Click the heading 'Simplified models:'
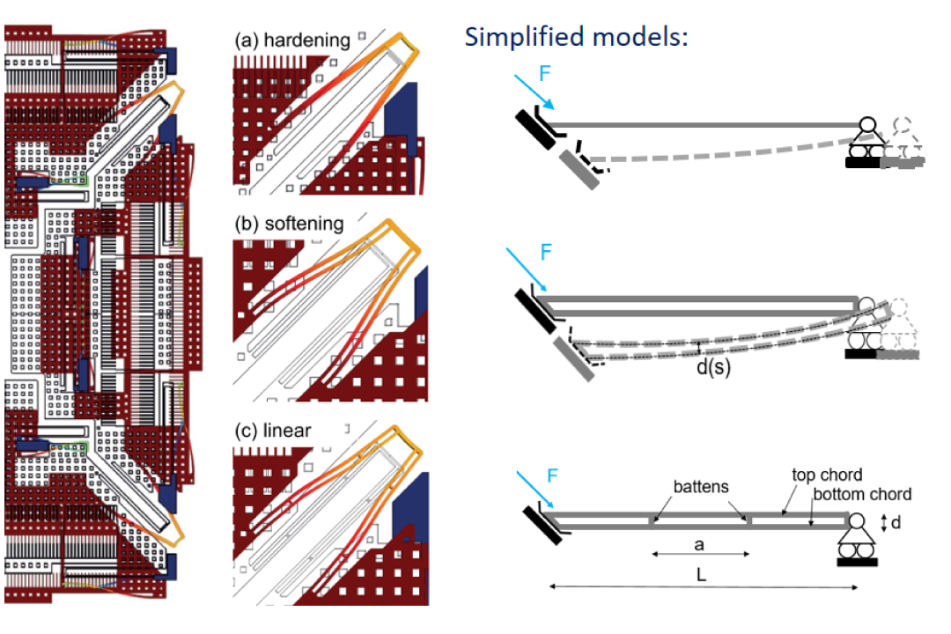(576, 37)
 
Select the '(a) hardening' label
(292, 41)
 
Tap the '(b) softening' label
(289, 224)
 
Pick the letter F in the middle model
(545, 253)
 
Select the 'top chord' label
(827, 475)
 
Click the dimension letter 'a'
(700, 545)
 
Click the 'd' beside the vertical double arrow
(896, 523)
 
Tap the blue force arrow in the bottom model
(536, 493)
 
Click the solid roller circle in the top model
(869, 126)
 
